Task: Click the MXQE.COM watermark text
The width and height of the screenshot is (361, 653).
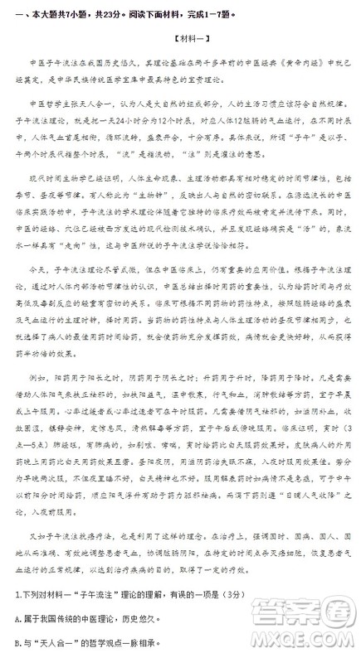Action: pyautogui.click(x=308, y=640)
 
